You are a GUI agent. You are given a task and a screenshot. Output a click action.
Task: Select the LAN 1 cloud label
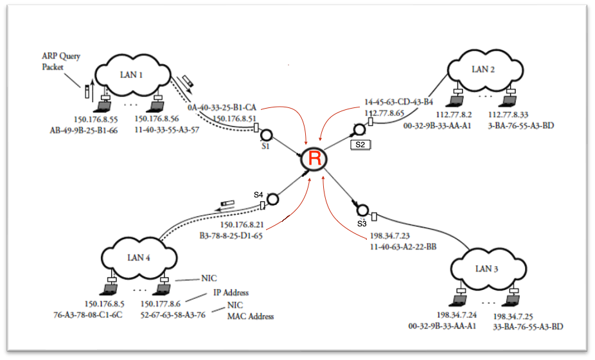click(x=131, y=75)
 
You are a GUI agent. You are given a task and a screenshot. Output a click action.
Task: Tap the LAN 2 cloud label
click(x=483, y=69)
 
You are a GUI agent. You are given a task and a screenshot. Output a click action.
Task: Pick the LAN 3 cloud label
click(x=486, y=268)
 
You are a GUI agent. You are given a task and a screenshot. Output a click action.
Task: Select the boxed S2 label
click(x=360, y=145)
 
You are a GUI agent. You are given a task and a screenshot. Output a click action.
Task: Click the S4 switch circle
click(x=272, y=199)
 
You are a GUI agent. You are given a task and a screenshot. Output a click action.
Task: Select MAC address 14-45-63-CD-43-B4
click(x=398, y=102)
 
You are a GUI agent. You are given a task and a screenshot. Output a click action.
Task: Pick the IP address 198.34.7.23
click(x=389, y=236)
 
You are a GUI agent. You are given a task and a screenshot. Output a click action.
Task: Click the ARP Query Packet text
click(x=61, y=61)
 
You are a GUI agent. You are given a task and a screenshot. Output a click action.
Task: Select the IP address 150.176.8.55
click(x=96, y=119)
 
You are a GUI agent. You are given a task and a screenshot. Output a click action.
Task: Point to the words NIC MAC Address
click(x=251, y=310)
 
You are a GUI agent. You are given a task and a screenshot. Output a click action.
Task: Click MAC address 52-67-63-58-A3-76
click(x=173, y=314)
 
